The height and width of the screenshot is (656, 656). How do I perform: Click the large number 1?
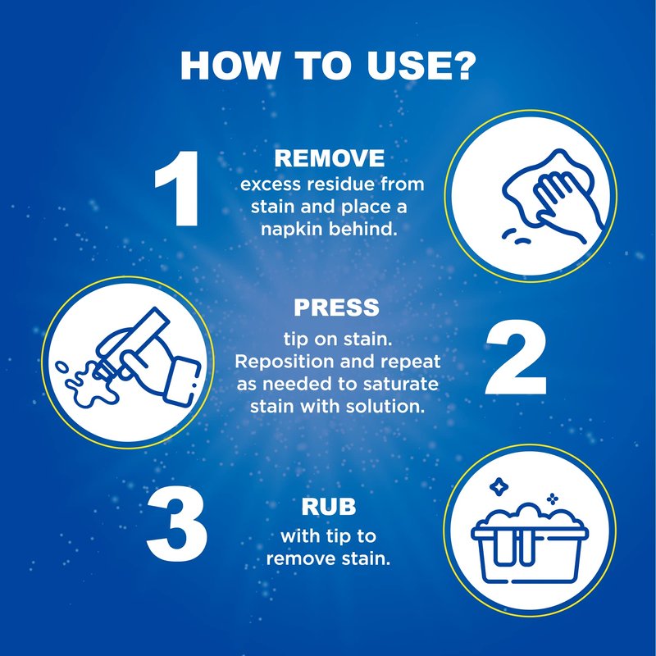coord(178,189)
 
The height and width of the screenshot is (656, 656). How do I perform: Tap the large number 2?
coord(516,357)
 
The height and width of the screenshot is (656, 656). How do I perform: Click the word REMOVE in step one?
coord(330,158)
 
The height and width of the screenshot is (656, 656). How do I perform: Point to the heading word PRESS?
coord(336,307)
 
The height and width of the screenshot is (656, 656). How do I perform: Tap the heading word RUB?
coord(329,507)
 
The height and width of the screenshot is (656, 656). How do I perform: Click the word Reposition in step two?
coord(284,362)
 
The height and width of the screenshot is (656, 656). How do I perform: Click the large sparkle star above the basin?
coord(499,486)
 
